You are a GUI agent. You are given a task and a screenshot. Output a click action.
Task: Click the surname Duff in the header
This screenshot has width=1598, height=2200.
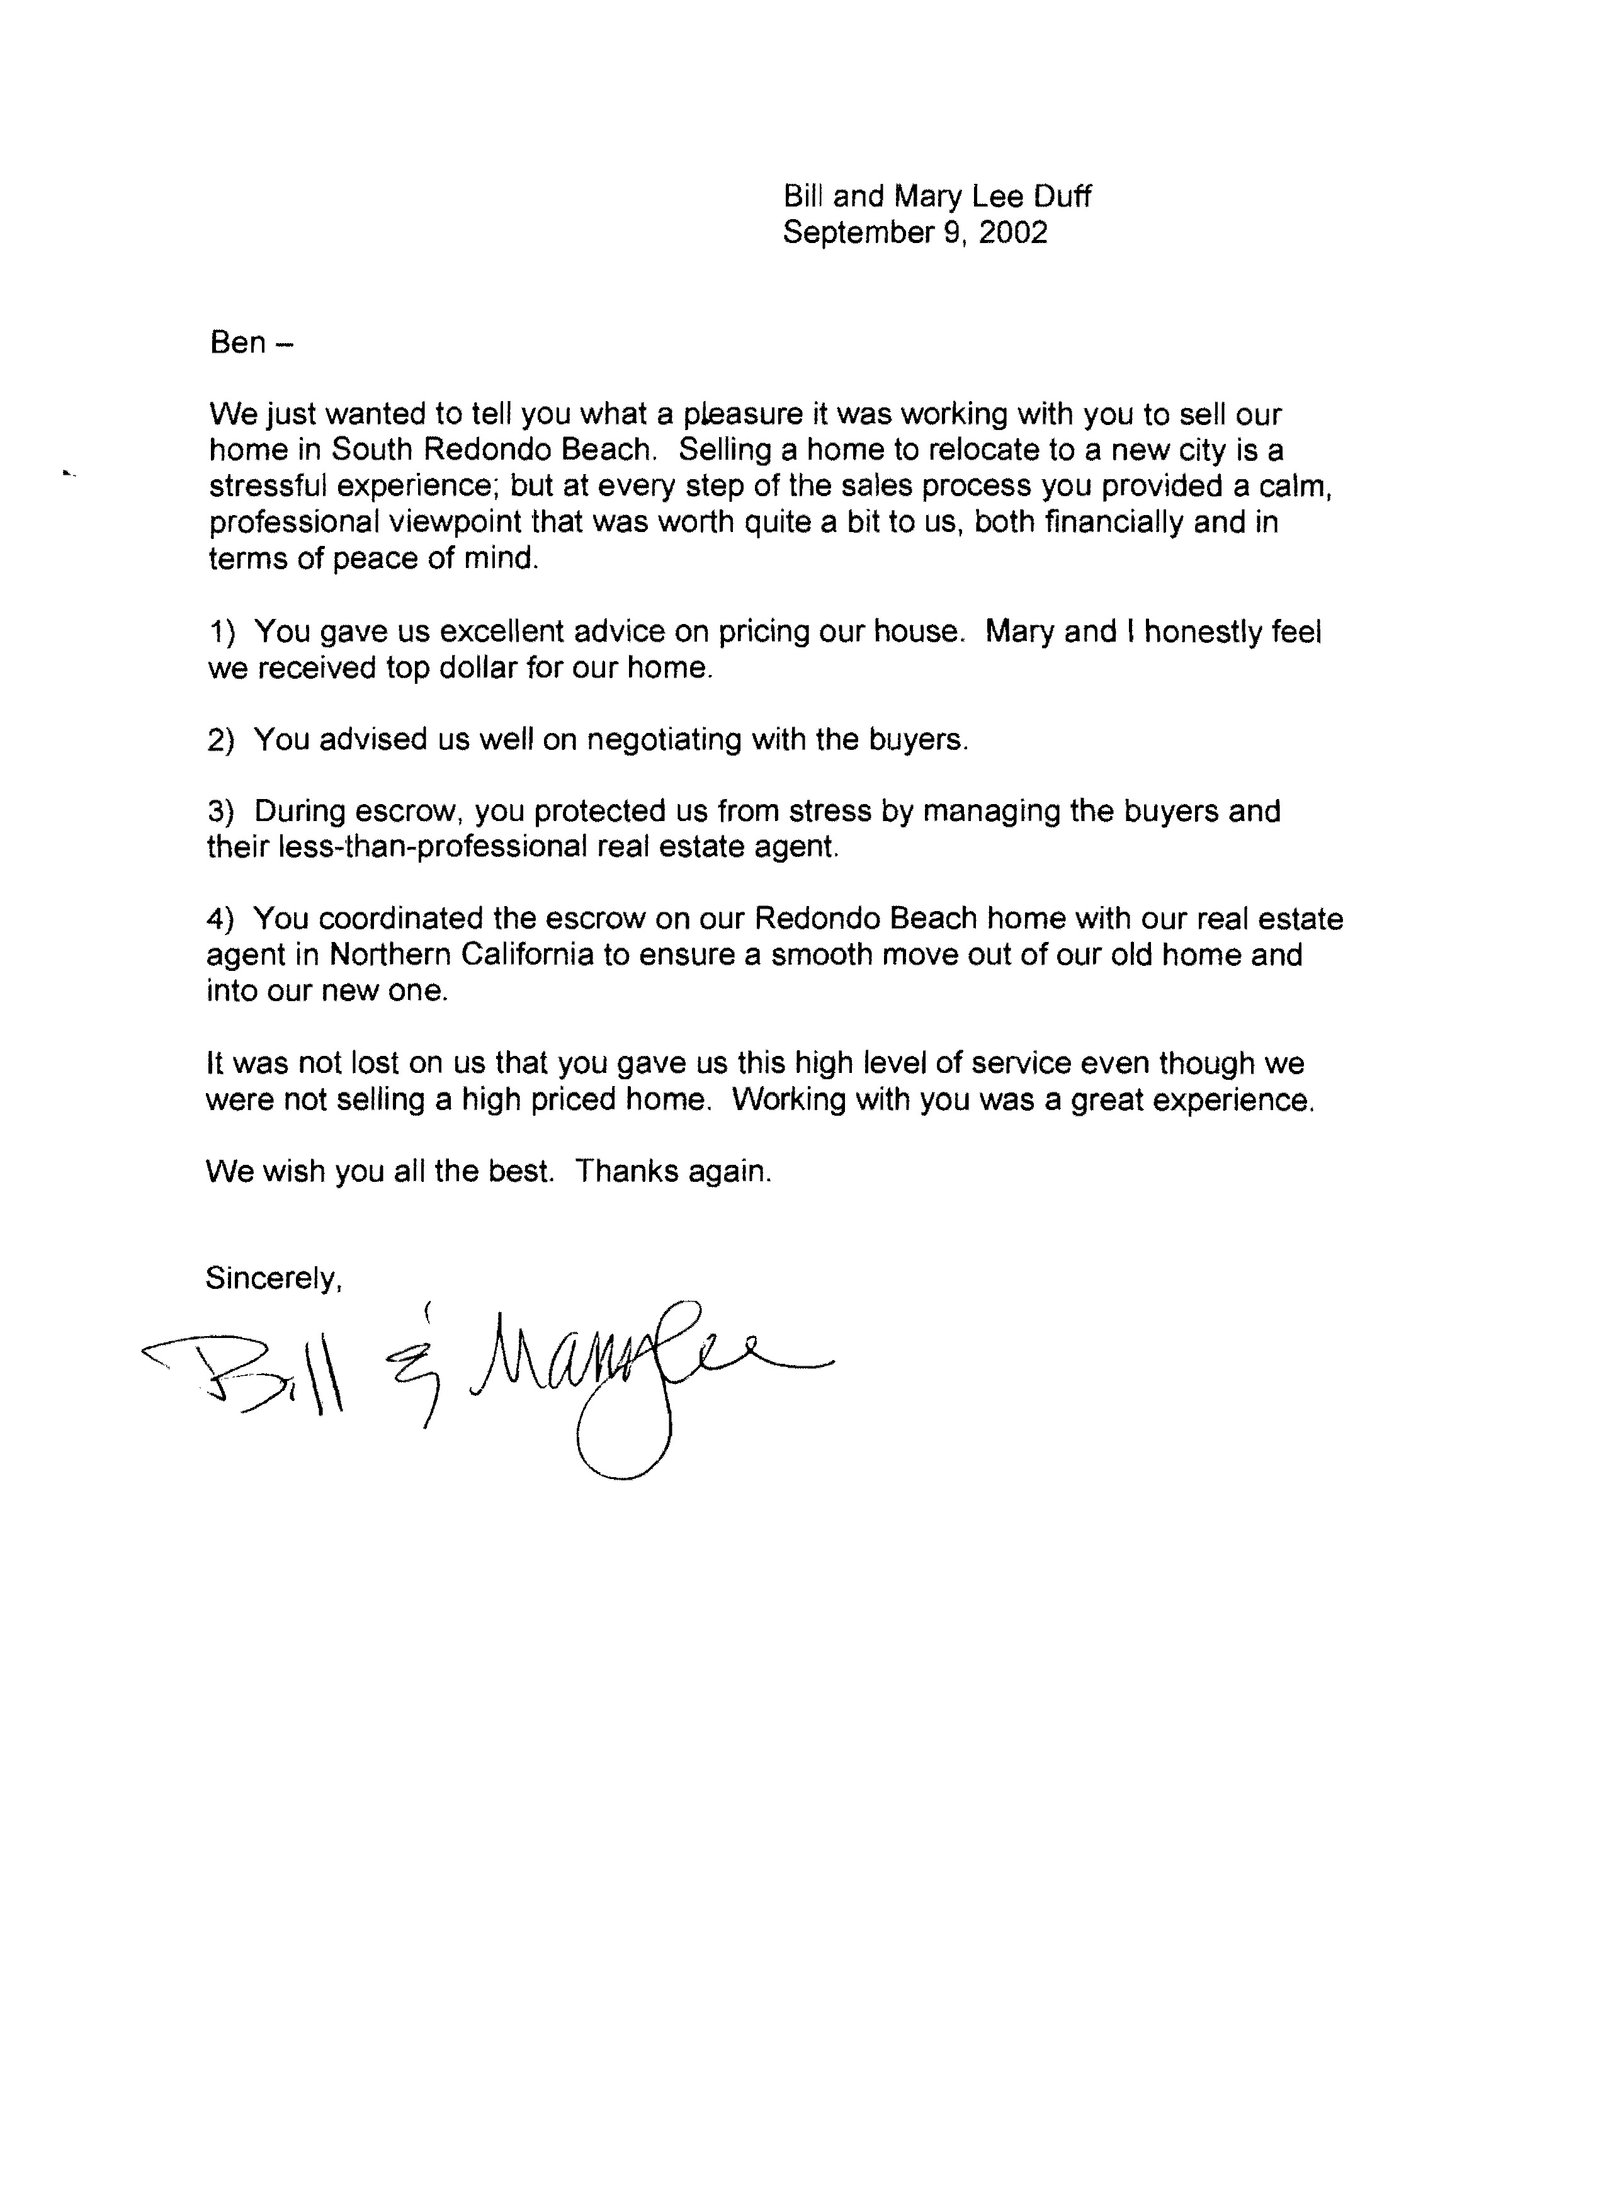(x=1062, y=197)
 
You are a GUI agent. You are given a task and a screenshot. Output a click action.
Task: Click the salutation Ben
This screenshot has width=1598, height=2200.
(x=238, y=343)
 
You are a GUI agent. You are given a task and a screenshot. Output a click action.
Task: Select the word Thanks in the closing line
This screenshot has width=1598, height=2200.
(x=626, y=1172)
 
